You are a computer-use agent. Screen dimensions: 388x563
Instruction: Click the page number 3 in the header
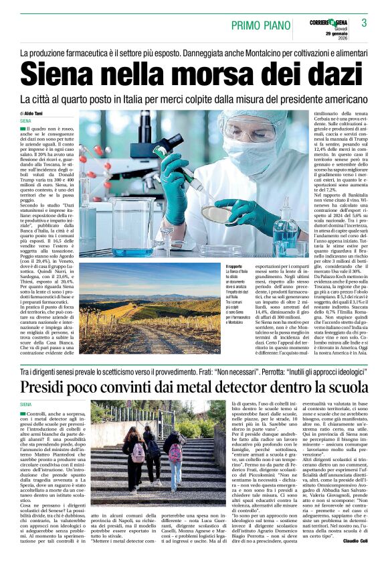[x=373, y=24]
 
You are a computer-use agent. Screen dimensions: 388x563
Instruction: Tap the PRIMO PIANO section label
[x=260, y=25]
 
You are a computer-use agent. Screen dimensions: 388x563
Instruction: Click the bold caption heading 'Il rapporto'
[x=217, y=267]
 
